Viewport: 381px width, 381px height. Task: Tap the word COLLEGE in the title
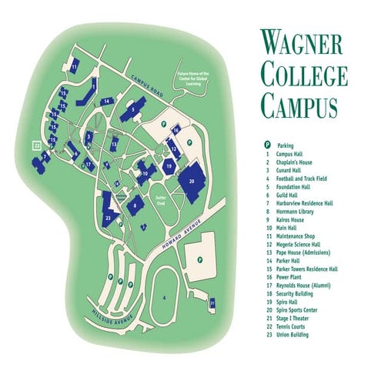(x=303, y=74)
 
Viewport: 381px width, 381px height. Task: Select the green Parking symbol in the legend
(x=267, y=145)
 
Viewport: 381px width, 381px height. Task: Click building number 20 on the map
(x=192, y=180)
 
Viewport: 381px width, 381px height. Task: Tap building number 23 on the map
(x=108, y=219)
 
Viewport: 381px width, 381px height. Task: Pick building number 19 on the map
(x=169, y=166)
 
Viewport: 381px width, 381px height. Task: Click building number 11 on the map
(x=74, y=67)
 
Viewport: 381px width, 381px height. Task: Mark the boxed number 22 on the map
(x=35, y=143)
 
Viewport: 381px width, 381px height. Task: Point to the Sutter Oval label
(x=161, y=197)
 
